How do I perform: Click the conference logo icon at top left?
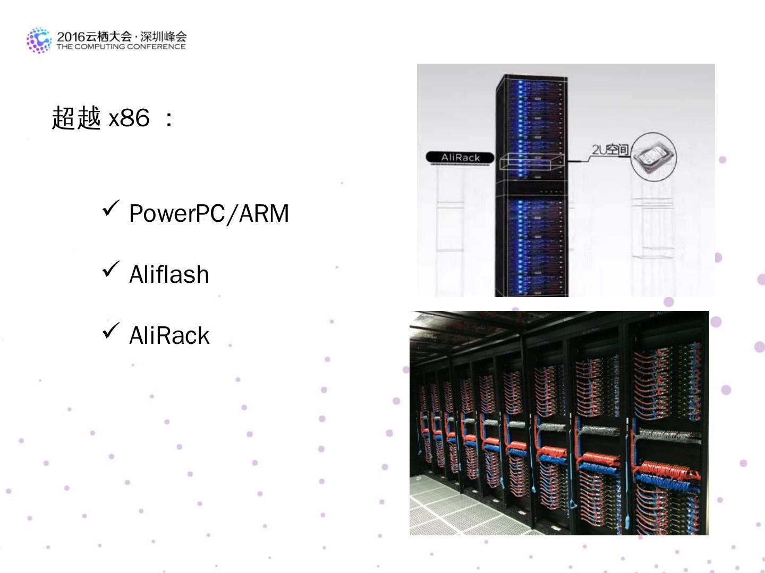click(39, 40)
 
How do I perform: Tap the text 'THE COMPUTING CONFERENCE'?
click(121, 47)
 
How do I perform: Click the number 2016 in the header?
click(71, 37)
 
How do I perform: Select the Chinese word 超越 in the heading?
click(76, 117)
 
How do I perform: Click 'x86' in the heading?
click(129, 118)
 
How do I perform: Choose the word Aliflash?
click(169, 275)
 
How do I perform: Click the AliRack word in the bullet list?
click(169, 336)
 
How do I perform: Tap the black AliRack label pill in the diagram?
click(460, 158)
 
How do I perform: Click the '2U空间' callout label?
click(610, 150)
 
